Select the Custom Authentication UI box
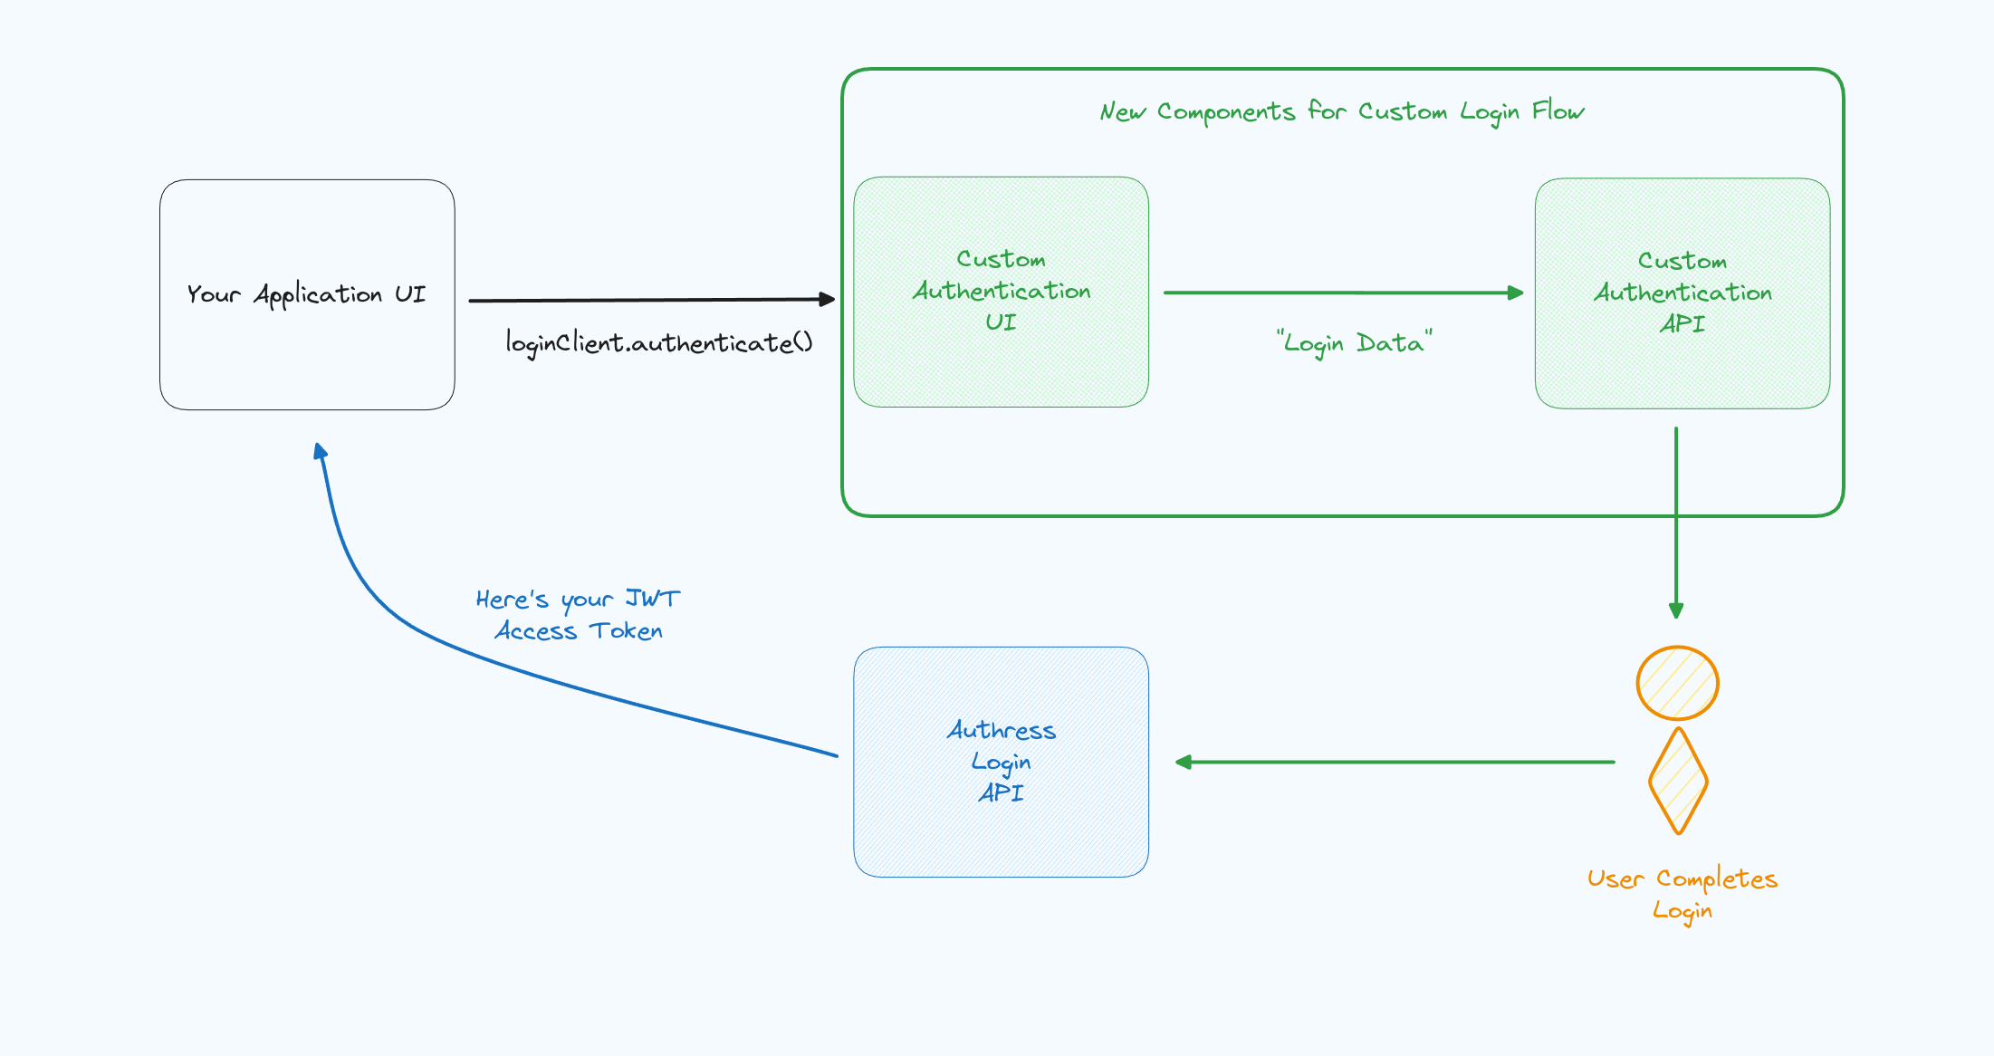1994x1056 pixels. click(x=1001, y=292)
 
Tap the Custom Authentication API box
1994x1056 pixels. click(x=1682, y=293)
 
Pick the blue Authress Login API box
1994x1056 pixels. click(x=1001, y=762)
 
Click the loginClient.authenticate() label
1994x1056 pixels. click(x=658, y=343)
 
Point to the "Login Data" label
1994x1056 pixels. click(x=1354, y=343)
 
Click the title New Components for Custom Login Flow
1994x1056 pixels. click(x=1341, y=111)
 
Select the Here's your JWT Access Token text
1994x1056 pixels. click(x=578, y=615)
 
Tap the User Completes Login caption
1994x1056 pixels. click(x=1682, y=894)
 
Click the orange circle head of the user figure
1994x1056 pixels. click(x=1677, y=683)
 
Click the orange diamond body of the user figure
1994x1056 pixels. click(x=1678, y=781)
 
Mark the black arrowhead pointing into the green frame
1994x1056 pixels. click(x=826, y=299)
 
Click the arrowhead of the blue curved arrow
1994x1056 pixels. click(x=321, y=451)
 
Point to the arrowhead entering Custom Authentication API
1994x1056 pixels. click(x=1515, y=293)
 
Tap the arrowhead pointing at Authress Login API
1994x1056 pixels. click(x=1184, y=763)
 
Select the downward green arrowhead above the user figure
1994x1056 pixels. click(x=1676, y=610)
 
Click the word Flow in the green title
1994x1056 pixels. click(x=1558, y=111)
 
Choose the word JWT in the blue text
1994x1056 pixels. click(x=652, y=599)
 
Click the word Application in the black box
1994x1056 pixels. click(x=318, y=295)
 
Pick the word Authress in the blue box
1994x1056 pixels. click(x=1001, y=730)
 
